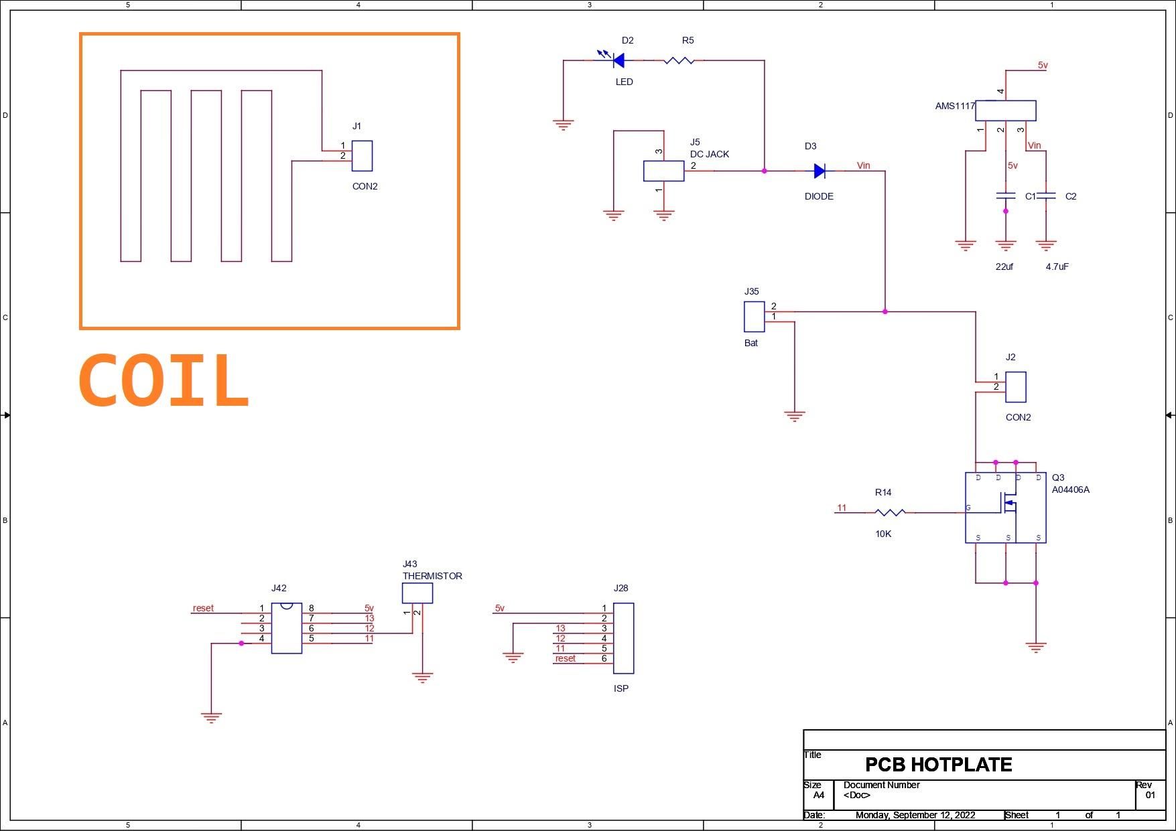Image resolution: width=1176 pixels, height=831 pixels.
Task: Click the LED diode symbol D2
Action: coord(618,61)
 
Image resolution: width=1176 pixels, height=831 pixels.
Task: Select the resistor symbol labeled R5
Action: coord(679,61)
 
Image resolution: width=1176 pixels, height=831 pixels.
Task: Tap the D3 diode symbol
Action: coord(819,171)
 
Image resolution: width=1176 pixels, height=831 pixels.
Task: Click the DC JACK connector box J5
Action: coord(663,171)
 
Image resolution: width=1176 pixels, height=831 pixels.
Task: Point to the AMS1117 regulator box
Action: coord(1005,110)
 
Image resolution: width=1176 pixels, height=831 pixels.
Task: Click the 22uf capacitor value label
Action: coord(1004,267)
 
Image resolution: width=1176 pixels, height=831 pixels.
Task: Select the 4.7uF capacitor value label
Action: coord(1057,267)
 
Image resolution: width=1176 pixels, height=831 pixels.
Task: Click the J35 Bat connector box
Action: coord(754,317)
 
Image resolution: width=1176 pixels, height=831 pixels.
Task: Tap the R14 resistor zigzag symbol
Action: coord(890,512)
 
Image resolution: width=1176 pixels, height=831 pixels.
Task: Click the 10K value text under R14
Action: coord(883,534)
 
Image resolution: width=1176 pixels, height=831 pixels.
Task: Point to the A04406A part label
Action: coord(1070,489)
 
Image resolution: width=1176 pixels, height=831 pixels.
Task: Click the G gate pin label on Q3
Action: coord(968,508)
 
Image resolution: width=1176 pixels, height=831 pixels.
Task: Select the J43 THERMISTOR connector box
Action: coord(417,593)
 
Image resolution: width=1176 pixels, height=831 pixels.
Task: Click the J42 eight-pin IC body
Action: coord(286,628)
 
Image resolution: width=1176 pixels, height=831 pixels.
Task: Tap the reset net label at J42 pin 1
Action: coord(203,608)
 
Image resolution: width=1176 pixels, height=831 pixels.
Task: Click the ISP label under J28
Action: coord(620,688)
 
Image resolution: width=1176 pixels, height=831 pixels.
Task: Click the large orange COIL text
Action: coord(164,381)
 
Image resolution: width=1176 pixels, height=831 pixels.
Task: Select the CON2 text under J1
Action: coord(365,186)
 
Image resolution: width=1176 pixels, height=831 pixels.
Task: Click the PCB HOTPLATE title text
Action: coord(938,765)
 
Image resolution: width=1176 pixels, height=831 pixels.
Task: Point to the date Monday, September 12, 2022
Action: coord(915,815)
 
